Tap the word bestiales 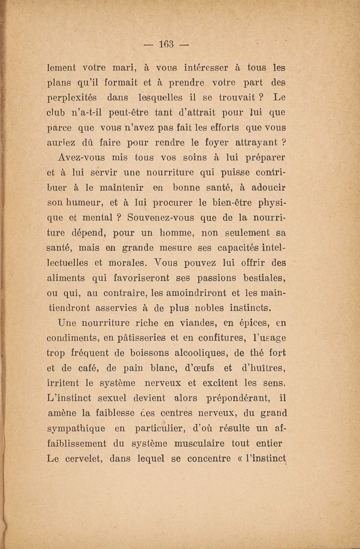(265, 278)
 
